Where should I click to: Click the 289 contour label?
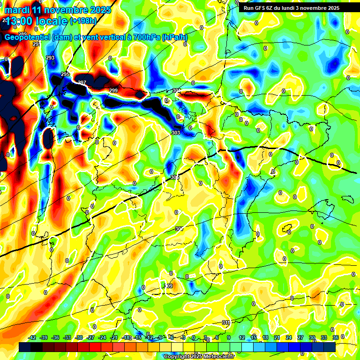pyautogui.click(x=22, y=34)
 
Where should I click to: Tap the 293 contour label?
pyautogui.click(x=50, y=58)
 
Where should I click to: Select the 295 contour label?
pyautogui.click(x=65, y=75)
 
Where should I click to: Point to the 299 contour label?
pyautogui.click(x=113, y=90)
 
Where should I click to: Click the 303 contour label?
pyautogui.click(x=176, y=133)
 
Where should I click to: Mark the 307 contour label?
pyautogui.click(x=179, y=229)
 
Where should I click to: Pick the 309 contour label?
pyautogui.click(x=168, y=286)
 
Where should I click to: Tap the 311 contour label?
pyautogui.click(x=226, y=322)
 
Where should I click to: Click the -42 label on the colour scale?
pyautogui.click(x=32, y=337)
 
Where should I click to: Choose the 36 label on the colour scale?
pyautogui.click(x=336, y=337)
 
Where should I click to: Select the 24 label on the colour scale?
pyautogui.click(x=289, y=337)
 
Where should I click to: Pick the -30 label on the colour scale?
pyautogui.click(x=79, y=337)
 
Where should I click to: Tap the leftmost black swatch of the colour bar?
pyautogui.click(x=25, y=347)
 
